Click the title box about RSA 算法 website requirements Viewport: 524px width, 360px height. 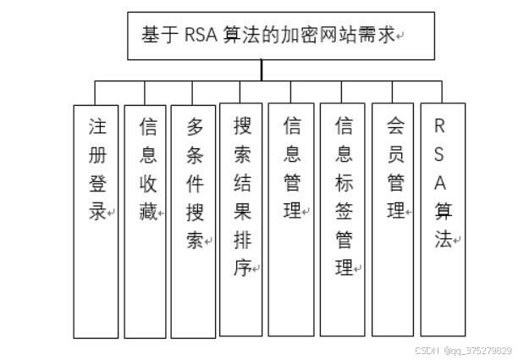click(x=280, y=36)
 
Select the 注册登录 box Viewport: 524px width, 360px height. click(x=95, y=221)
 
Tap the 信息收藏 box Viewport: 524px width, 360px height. click(x=145, y=221)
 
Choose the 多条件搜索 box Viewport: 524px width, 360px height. click(x=194, y=221)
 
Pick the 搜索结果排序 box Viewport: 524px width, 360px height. click(x=241, y=220)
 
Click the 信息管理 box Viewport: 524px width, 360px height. click(x=291, y=220)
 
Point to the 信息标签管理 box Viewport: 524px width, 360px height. click(x=342, y=220)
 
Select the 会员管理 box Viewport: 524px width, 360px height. click(x=393, y=220)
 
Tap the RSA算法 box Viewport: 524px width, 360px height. click(x=442, y=220)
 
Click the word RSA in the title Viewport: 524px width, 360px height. click(x=201, y=36)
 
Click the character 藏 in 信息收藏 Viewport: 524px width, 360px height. click(x=148, y=211)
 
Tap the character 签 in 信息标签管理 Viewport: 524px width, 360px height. click(x=344, y=211)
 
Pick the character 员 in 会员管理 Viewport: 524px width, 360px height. click(x=395, y=154)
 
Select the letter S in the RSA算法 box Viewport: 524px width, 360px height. click(x=439, y=154)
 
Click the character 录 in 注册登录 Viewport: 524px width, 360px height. click(x=97, y=211)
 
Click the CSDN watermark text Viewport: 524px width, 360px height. click(x=464, y=350)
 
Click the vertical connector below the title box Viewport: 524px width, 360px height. click(x=262, y=70)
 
